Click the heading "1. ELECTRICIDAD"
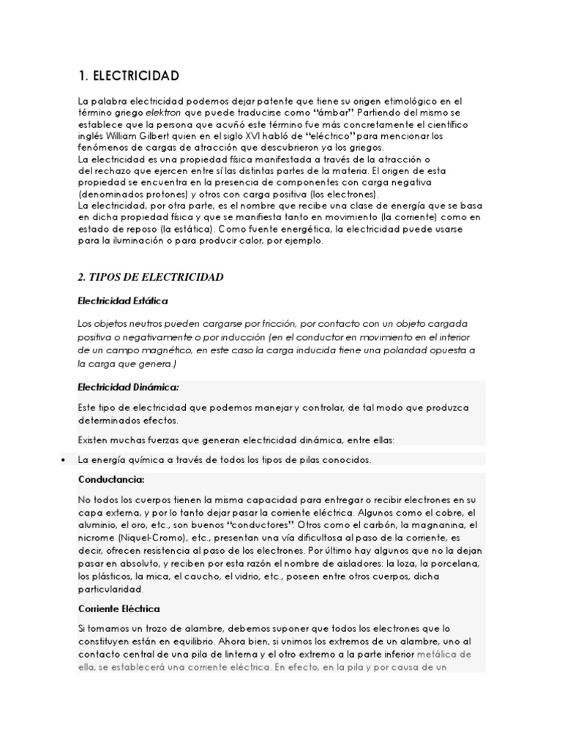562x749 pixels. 128,76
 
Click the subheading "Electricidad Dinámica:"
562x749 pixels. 128,386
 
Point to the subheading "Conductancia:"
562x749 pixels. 111,479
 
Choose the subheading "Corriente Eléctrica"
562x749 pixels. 119,608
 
